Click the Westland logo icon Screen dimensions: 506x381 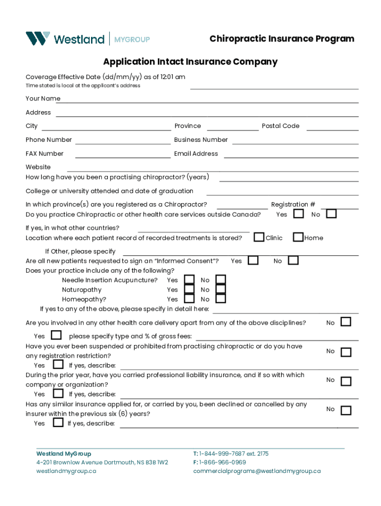[x=38, y=39]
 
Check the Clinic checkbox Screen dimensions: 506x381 [x=259, y=237]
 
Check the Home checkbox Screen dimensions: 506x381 [x=298, y=237]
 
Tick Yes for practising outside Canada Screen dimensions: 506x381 [x=298, y=214]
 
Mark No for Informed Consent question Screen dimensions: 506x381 [x=293, y=260]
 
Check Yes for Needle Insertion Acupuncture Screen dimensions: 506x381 [x=189, y=280]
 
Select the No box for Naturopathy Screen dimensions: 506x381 [x=221, y=290]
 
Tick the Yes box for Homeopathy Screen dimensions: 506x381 [x=189, y=299]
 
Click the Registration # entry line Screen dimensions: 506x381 [x=339, y=208]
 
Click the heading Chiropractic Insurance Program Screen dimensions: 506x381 [x=282, y=39]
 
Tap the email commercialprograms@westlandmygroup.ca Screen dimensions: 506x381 [x=257, y=471]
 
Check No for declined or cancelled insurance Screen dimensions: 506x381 [x=346, y=410]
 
